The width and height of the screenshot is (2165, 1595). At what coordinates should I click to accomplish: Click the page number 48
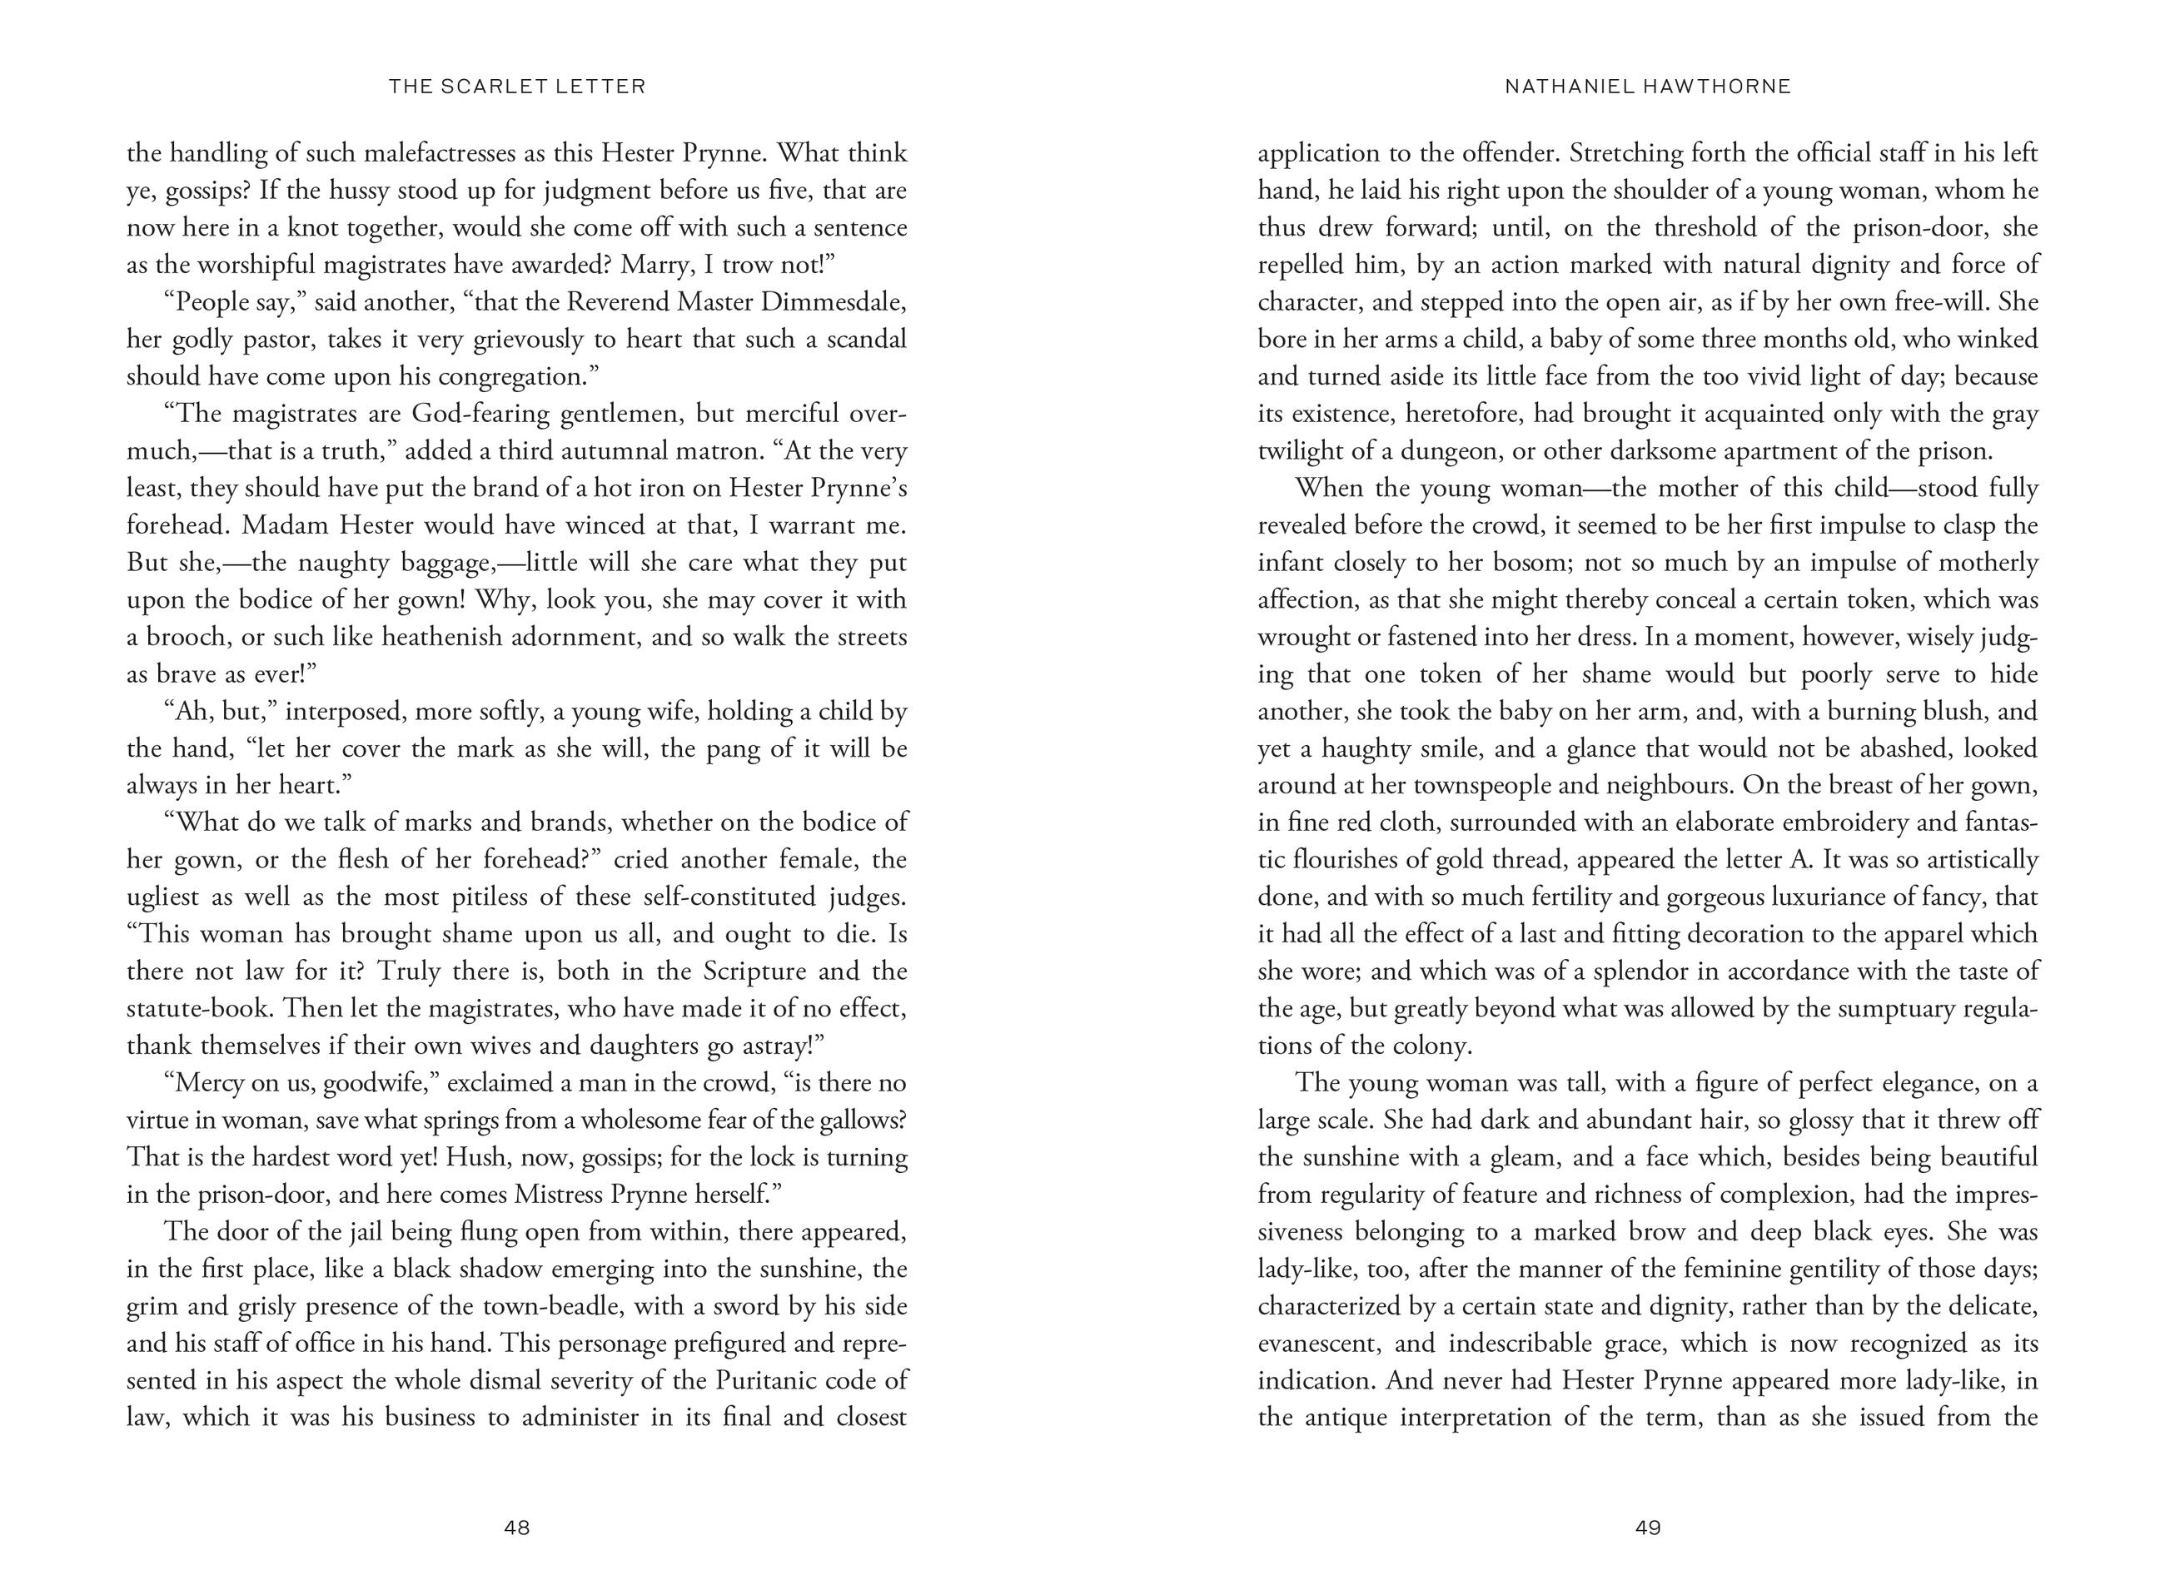(516, 1528)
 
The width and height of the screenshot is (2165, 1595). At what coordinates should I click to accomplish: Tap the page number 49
(1647, 1528)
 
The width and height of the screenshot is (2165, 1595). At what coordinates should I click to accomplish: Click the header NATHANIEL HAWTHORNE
(1647, 87)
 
